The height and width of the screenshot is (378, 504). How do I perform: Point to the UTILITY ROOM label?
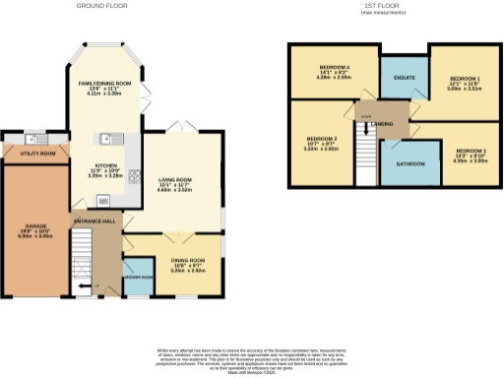[x=33, y=154]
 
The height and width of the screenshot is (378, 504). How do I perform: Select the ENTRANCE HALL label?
[x=94, y=221]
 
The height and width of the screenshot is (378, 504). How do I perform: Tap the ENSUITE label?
[x=404, y=76]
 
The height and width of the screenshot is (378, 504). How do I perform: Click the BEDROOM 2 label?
[x=322, y=138]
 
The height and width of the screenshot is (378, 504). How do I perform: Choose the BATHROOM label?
[x=410, y=162]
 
